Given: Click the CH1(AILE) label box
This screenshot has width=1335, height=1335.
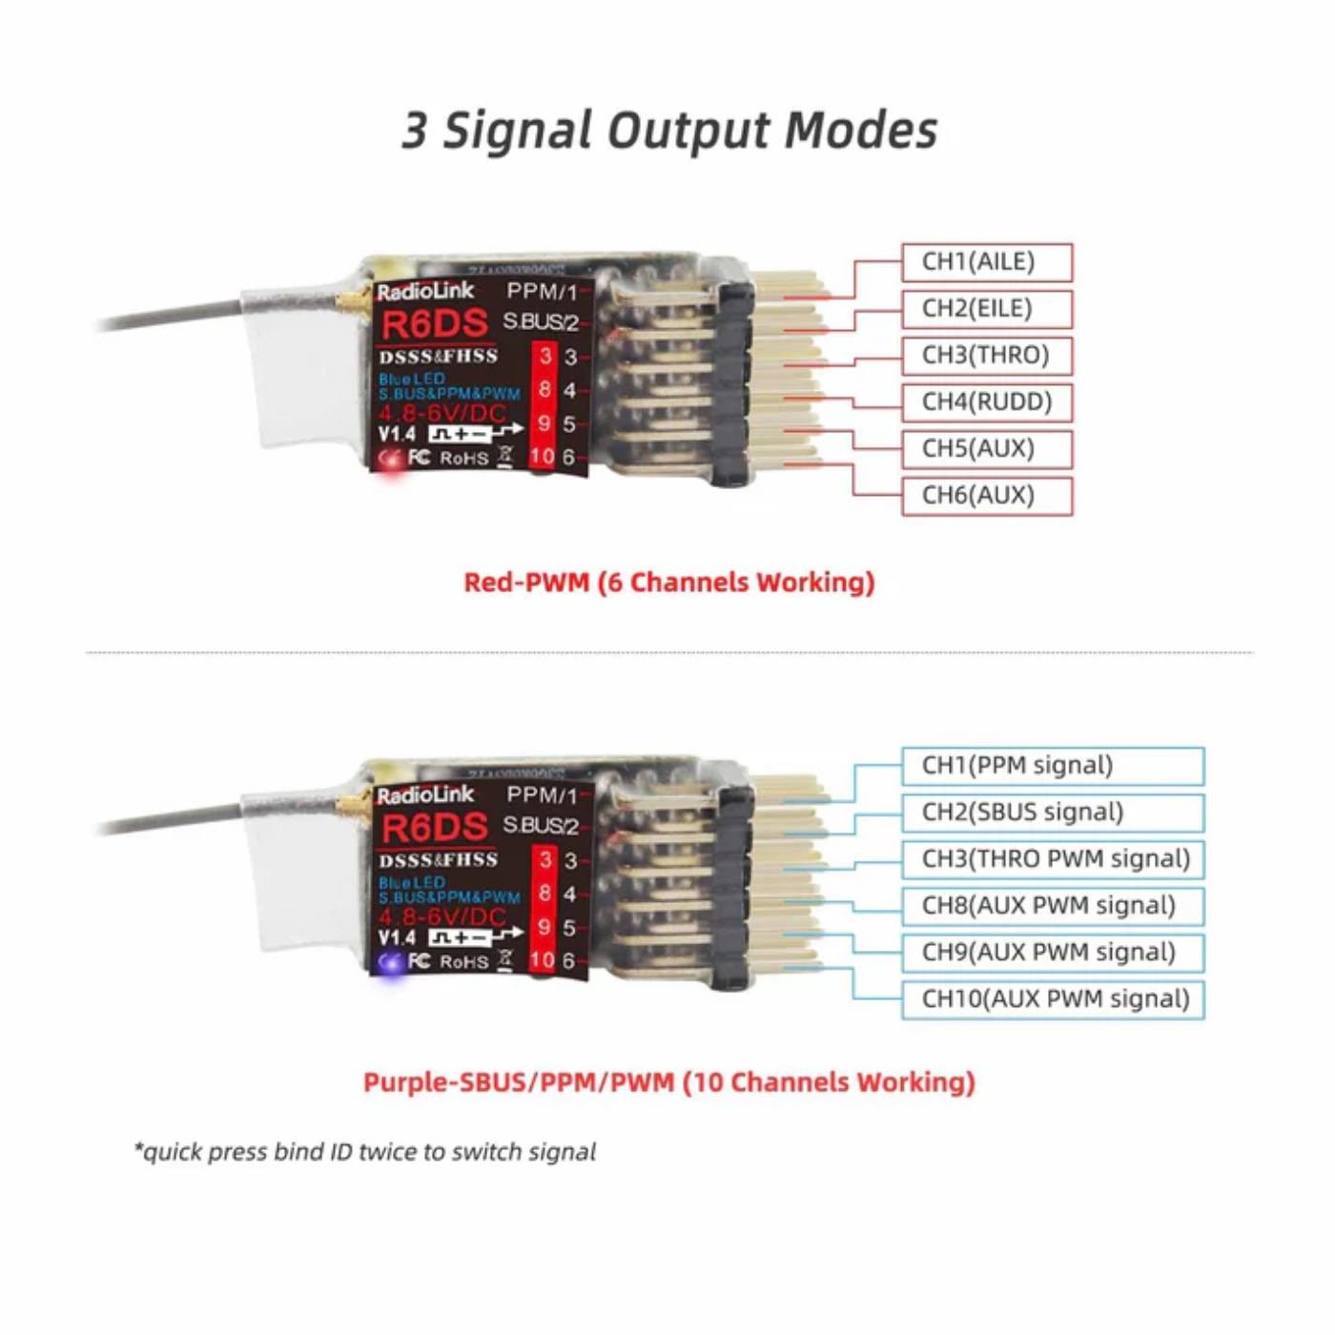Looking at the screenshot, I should [987, 262].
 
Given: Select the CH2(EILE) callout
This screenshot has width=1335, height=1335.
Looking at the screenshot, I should [987, 309].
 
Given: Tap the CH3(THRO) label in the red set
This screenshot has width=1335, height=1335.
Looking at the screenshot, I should [987, 356].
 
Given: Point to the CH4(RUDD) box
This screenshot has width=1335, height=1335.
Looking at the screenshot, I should [987, 402].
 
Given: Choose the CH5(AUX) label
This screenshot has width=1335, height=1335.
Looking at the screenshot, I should [987, 449].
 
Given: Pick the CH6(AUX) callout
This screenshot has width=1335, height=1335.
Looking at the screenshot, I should [987, 496].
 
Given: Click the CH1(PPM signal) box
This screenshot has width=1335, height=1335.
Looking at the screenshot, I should [1053, 766].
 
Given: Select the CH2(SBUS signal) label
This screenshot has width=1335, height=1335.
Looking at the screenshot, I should [1053, 812].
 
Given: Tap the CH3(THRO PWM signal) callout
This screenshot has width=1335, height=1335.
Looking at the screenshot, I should [1053, 859].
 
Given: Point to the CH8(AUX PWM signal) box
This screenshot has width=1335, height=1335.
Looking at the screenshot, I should [1053, 906].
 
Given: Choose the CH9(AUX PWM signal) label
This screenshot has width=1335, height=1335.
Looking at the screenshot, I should [1053, 953].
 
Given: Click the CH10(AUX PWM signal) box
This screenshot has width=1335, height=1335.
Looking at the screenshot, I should [1053, 999].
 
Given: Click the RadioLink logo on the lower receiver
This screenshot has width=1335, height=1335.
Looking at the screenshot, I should [425, 795].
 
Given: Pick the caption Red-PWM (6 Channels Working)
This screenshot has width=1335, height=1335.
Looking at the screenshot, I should [668, 583].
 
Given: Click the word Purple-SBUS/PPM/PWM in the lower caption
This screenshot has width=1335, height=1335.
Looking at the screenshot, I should [519, 1083].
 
